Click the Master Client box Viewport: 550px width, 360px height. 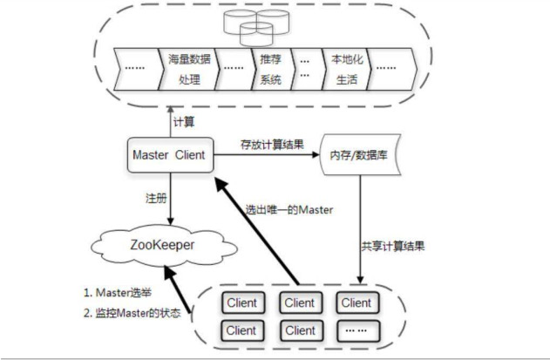[170, 155]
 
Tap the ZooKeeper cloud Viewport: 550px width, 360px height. [166, 246]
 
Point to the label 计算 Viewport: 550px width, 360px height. [183, 120]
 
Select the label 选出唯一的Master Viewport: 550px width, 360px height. [289, 209]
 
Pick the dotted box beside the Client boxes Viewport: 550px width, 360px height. [356, 330]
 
